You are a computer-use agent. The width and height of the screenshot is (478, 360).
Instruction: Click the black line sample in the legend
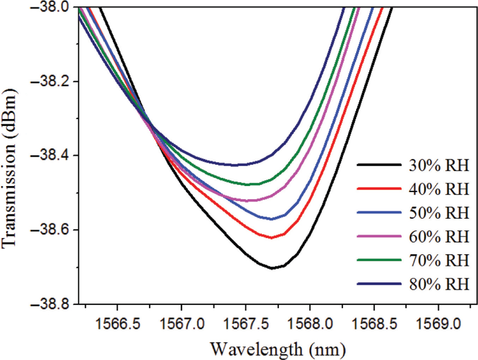[376, 165]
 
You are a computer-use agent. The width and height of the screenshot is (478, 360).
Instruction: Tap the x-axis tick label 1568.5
[374, 321]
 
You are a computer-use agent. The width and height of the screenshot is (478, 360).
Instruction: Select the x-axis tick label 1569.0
[438, 321]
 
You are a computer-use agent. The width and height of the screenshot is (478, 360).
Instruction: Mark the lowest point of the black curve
[272, 268]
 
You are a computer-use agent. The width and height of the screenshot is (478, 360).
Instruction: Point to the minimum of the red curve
[272, 237]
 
